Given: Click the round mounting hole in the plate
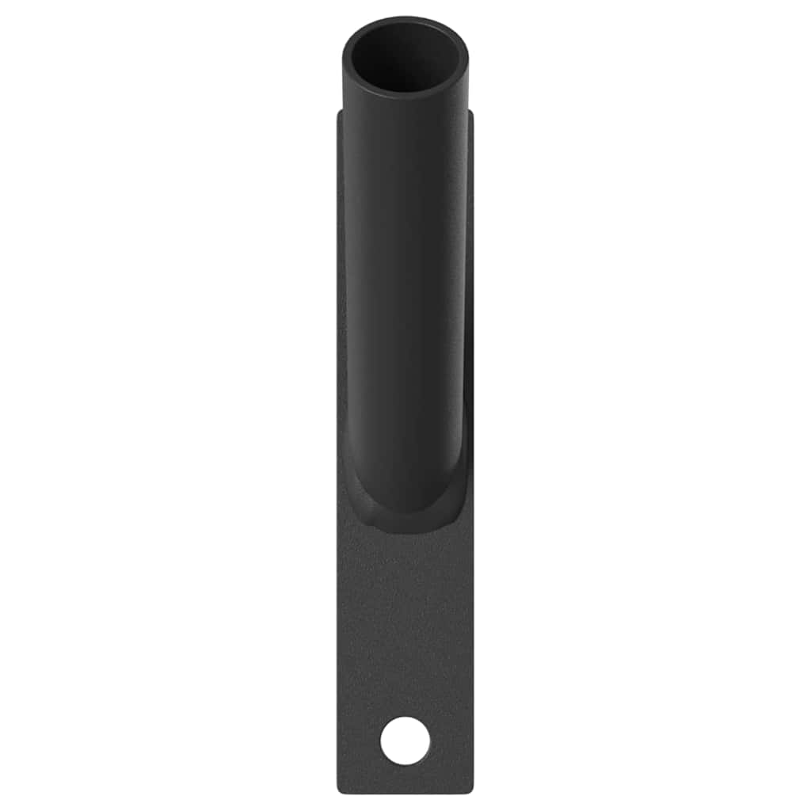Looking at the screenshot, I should [x=405, y=741].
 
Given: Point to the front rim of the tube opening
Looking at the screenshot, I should [x=405, y=95].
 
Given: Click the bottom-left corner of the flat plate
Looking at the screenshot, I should [x=340, y=790].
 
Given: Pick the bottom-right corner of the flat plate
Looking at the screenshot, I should [x=471, y=790].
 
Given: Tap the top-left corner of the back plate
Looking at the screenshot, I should [x=340, y=112].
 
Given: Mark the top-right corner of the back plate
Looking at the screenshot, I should [x=470, y=112].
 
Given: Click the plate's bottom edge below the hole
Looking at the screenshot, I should [x=405, y=791].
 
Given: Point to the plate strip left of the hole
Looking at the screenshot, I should [x=359, y=741].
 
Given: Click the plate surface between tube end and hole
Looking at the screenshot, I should [x=405, y=618].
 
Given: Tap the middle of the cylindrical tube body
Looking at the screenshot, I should [x=405, y=301].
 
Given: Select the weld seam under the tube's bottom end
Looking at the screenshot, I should [x=405, y=524].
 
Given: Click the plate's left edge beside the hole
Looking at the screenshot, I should [x=339, y=741].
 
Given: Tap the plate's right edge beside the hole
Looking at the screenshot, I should [x=472, y=741].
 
